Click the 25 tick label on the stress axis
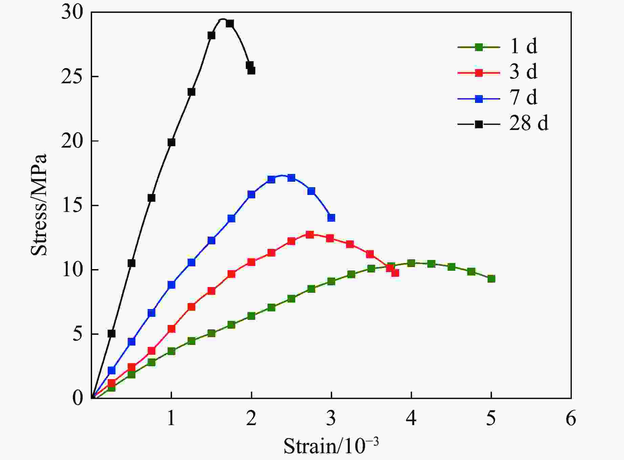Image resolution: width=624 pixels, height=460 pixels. click(72, 77)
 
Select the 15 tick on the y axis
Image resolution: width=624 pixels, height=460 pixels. click(72, 205)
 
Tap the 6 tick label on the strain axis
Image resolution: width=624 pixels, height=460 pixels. click(571, 418)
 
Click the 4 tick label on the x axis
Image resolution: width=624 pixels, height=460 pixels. click(411, 418)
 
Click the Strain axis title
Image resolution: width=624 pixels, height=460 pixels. click(331, 446)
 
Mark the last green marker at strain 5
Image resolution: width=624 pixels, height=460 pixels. click(491, 279)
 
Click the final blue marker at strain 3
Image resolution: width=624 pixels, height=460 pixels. click(331, 218)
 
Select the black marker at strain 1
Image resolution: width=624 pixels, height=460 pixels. click(171, 142)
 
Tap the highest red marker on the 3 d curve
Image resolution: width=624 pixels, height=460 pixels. click(309, 235)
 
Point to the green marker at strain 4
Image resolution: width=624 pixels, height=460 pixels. click(411, 263)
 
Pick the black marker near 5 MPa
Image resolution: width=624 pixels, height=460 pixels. click(111, 333)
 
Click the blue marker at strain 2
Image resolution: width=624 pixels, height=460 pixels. click(251, 194)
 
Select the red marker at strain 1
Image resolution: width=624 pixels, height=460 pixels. click(171, 329)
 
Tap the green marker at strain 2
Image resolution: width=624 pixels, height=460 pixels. click(251, 316)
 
